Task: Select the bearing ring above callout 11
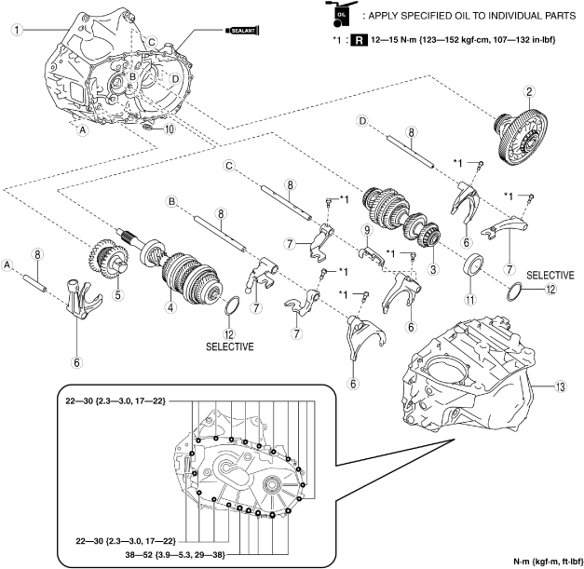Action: pyautogui.click(x=474, y=264)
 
